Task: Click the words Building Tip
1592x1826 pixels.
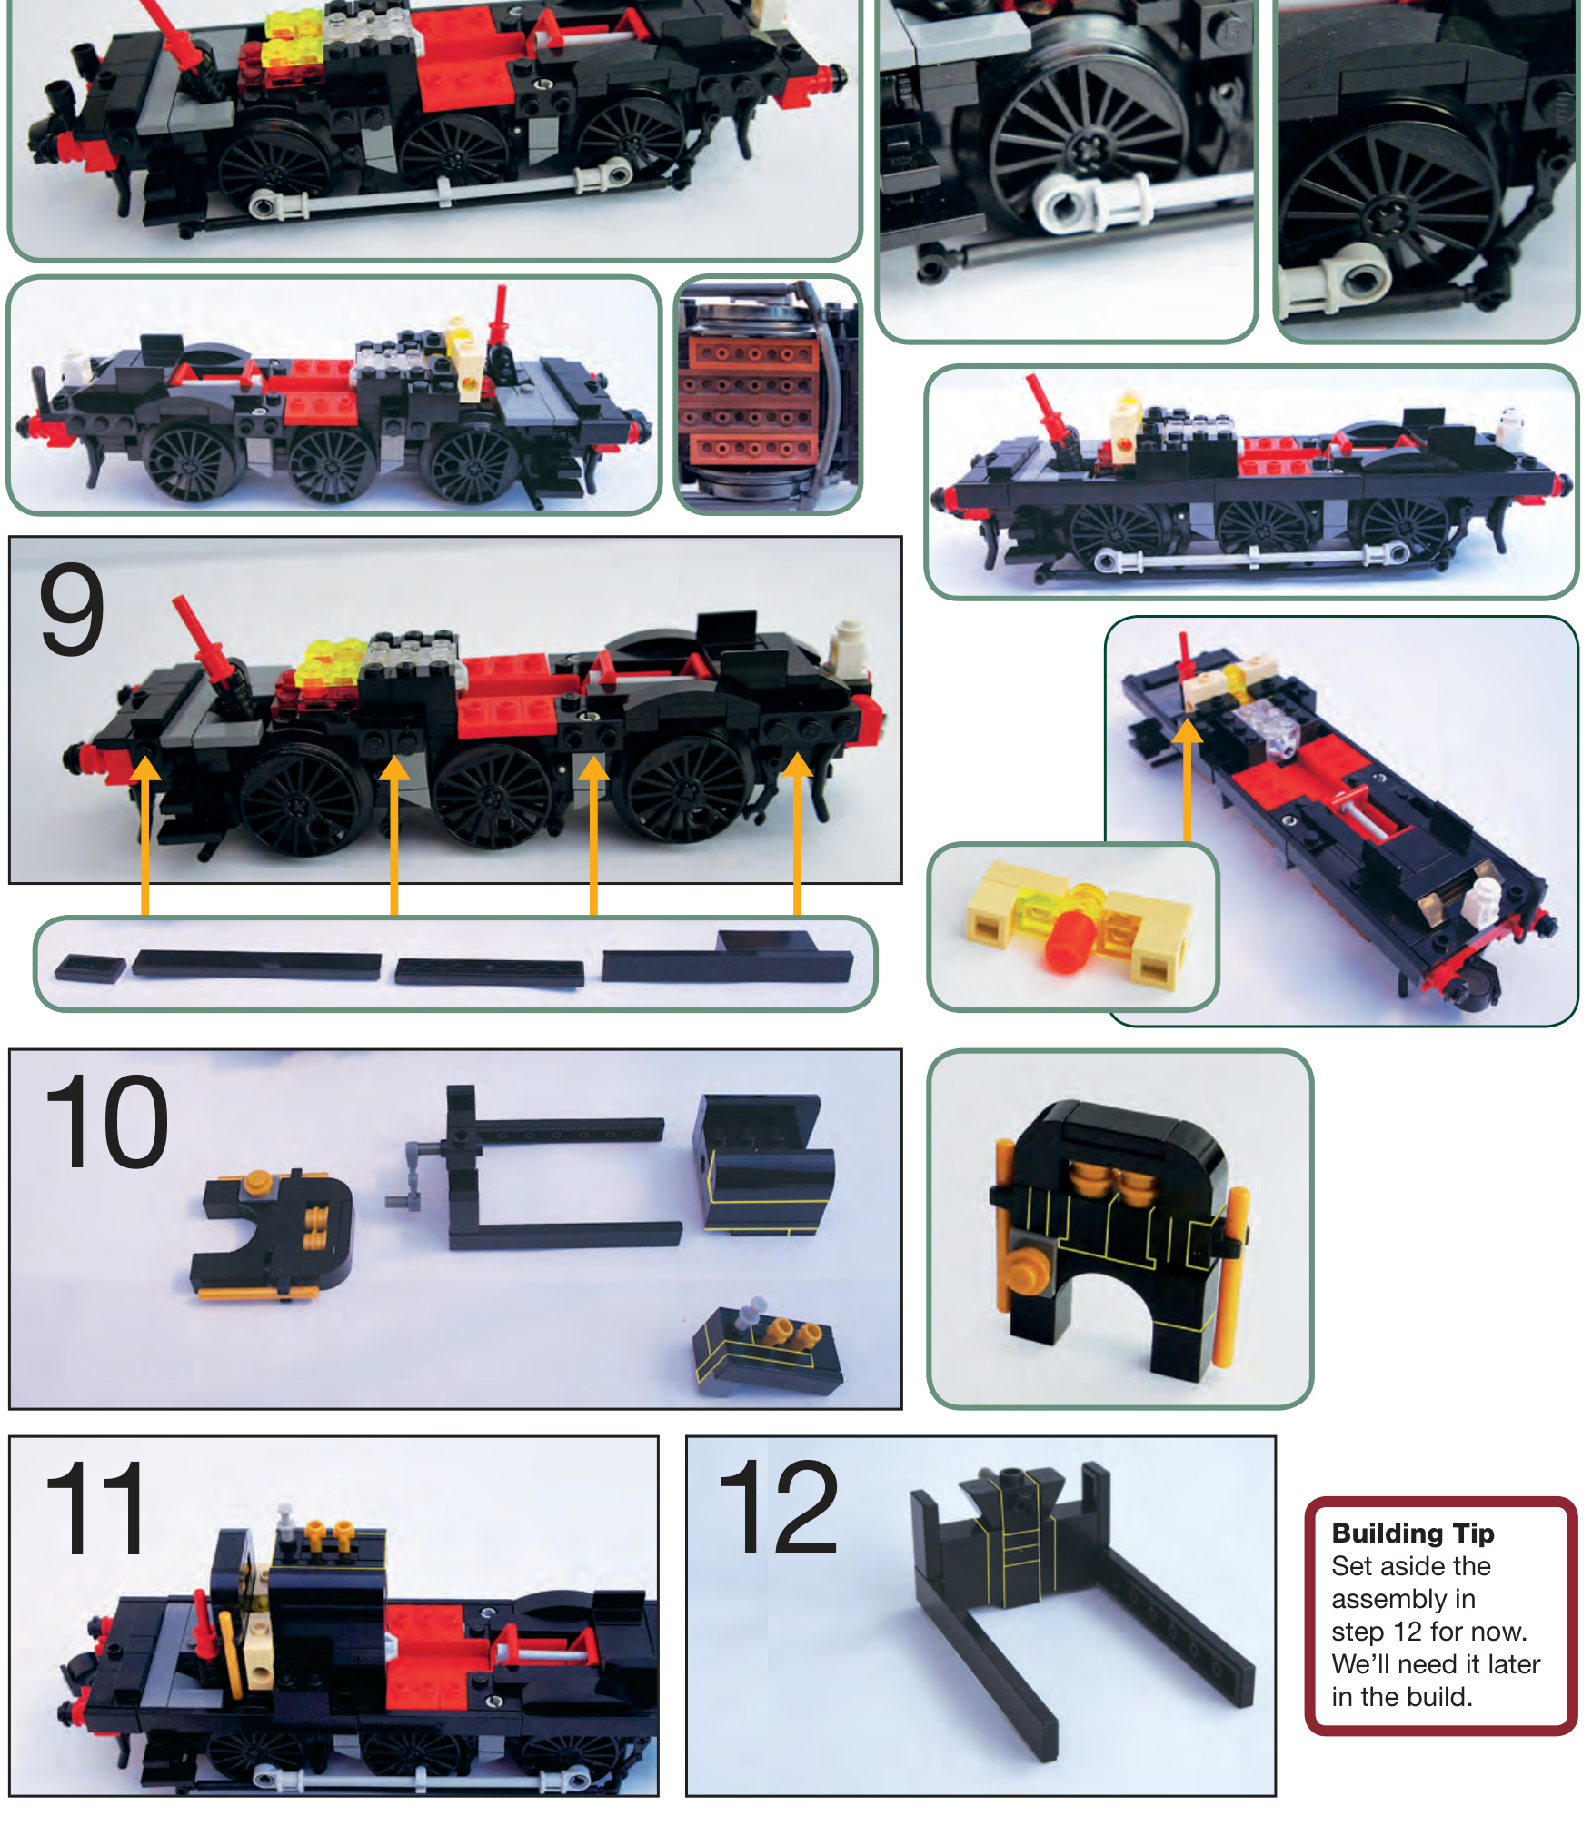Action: tap(1413, 1533)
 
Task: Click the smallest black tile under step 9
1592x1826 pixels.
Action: tap(90, 968)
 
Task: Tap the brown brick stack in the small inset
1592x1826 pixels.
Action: tap(751, 400)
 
